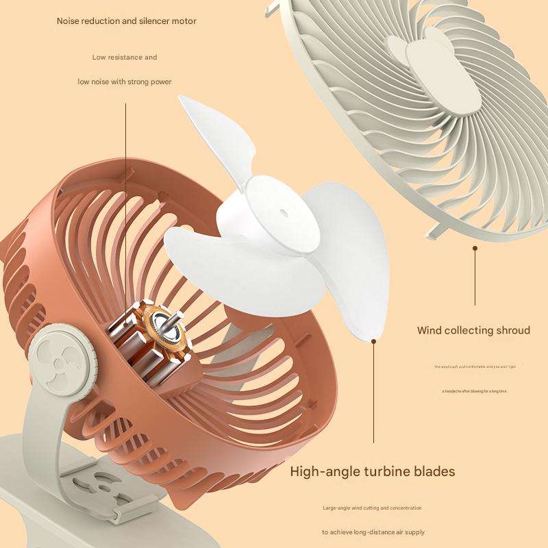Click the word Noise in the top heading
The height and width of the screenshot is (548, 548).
click(x=69, y=21)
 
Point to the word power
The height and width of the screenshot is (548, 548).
click(x=160, y=82)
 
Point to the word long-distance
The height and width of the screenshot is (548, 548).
click(x=382, y=532)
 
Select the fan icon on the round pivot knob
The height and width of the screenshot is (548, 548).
click(x=61, y=357)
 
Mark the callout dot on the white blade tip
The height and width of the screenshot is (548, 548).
click(x=374, y=338)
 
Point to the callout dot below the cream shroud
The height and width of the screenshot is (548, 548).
click(x=475, y=249)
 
